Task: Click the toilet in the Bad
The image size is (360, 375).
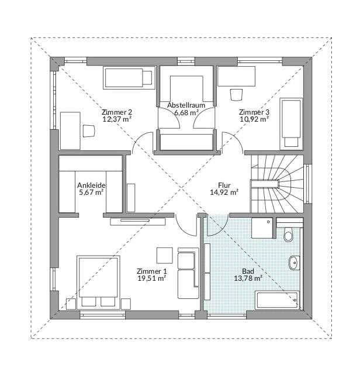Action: pyautogui.click(x=289, y=235)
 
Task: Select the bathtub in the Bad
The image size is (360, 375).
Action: pyautogui.click(x=277, y=300)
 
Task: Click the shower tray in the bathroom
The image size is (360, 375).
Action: pyautogui.click(x=262, y=228)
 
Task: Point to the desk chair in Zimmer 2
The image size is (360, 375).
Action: pyautogui.click(x=89, y=130)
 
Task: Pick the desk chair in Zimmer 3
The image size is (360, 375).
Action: pyautogui.click(x=237, y=95)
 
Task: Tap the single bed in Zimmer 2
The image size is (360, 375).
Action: pyautogui.click(x=129, y=78)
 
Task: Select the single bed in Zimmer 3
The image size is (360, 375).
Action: pyautogui.click(x=291, y=124)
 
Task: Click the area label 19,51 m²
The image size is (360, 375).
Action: pyautogui.click(x=152, y=278)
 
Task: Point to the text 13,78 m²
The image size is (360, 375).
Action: pyautogui.click(x=248, y=278)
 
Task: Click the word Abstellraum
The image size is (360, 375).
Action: pyautogui.click(x=186, y=105)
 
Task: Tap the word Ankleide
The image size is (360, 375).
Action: pyautogui.click(x=91, y=185)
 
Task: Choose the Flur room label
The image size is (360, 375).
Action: pyautogui.click(x=224, y=185)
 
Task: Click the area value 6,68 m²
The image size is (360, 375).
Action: pyautogui.click(x=186, y=112)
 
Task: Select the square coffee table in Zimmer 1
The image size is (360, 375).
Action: pyautogui.click(x=165, y=256)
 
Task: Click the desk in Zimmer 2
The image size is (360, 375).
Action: pyautogui.click(x=70, y=131)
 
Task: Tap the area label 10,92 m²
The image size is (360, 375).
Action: pyautogui.click(x=254, y=119)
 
